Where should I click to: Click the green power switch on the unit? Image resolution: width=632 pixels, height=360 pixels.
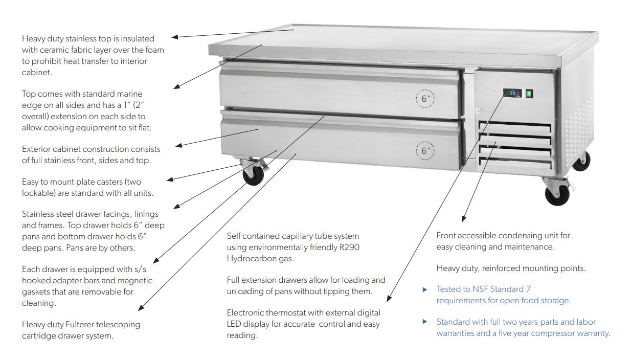point(529,94)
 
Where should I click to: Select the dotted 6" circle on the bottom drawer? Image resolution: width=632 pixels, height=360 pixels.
point(424,150)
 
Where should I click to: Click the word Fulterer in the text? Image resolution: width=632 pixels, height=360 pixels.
point(87,324)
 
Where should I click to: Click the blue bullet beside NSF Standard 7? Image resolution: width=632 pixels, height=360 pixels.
point(424,289)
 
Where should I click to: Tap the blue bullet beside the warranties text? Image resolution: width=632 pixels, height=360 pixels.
point(424,322)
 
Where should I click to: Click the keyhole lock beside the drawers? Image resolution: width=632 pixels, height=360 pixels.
point(478,111)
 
